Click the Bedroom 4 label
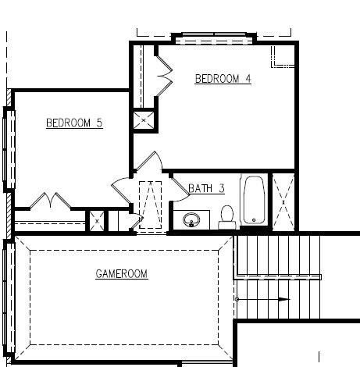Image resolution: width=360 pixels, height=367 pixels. click(x=223, y=79)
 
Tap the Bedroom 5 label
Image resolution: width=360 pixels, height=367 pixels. click(x=74, y=123)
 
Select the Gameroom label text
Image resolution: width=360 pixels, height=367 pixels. click(x=122, y=274)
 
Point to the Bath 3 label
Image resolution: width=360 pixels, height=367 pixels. click(x=206, y=188)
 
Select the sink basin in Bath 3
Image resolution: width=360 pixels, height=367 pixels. click(x=191, y=219)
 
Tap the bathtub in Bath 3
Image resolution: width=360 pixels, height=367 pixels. click(x=254, y=200)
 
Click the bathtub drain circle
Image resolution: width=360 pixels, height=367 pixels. click(x=254, y=220)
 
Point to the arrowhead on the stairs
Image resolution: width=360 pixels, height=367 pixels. click(x=283, y=299)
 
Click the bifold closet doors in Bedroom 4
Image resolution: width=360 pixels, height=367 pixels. click(x=165, y=76)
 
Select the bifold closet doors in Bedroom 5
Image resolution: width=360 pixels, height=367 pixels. click(x=50, y=201)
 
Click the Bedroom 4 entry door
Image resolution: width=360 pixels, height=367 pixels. click(x=149, y=162)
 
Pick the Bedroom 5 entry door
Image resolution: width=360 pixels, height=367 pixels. click(x=121, y=191)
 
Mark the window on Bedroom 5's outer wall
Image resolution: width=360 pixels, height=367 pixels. click(x=9, y=149)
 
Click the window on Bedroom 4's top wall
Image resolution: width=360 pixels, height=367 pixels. click(x=214, y=38)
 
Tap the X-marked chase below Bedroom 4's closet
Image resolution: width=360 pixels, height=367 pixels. click(x=144, y=120)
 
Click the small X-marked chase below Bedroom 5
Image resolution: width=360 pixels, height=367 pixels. click(x=97, y=221)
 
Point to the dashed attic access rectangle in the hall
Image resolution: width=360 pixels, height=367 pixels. click(x=150, y=205)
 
